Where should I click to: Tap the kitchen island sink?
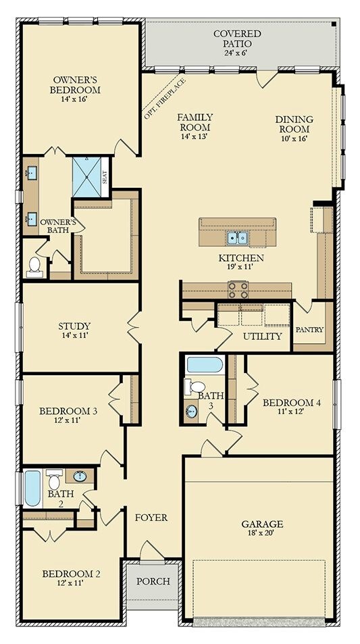tap(237, 238)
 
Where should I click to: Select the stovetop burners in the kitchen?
tap(238, 289)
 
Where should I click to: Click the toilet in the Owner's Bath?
tap(34, 268)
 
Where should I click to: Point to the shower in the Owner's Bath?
tap(86, 177)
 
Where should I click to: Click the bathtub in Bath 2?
tap(32, 489)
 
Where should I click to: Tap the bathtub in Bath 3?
tap(205, 365)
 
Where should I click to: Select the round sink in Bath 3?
tap(191, 411)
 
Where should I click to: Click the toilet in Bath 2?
tap(54, 479)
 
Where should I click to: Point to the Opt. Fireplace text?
tap(165, 98)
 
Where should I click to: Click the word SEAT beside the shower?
tap(105, 177)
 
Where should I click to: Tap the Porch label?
tap(153, 581)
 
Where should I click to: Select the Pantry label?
tap(309, 329)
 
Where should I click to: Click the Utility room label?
tap(262, 337)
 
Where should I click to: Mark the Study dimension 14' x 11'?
tap(74, 335)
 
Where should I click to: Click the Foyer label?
tap(151, 518)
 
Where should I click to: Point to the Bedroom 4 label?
tap(291, 403)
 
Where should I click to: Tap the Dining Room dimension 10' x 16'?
tap(294, 138)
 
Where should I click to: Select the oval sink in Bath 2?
tap(80, 476)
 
